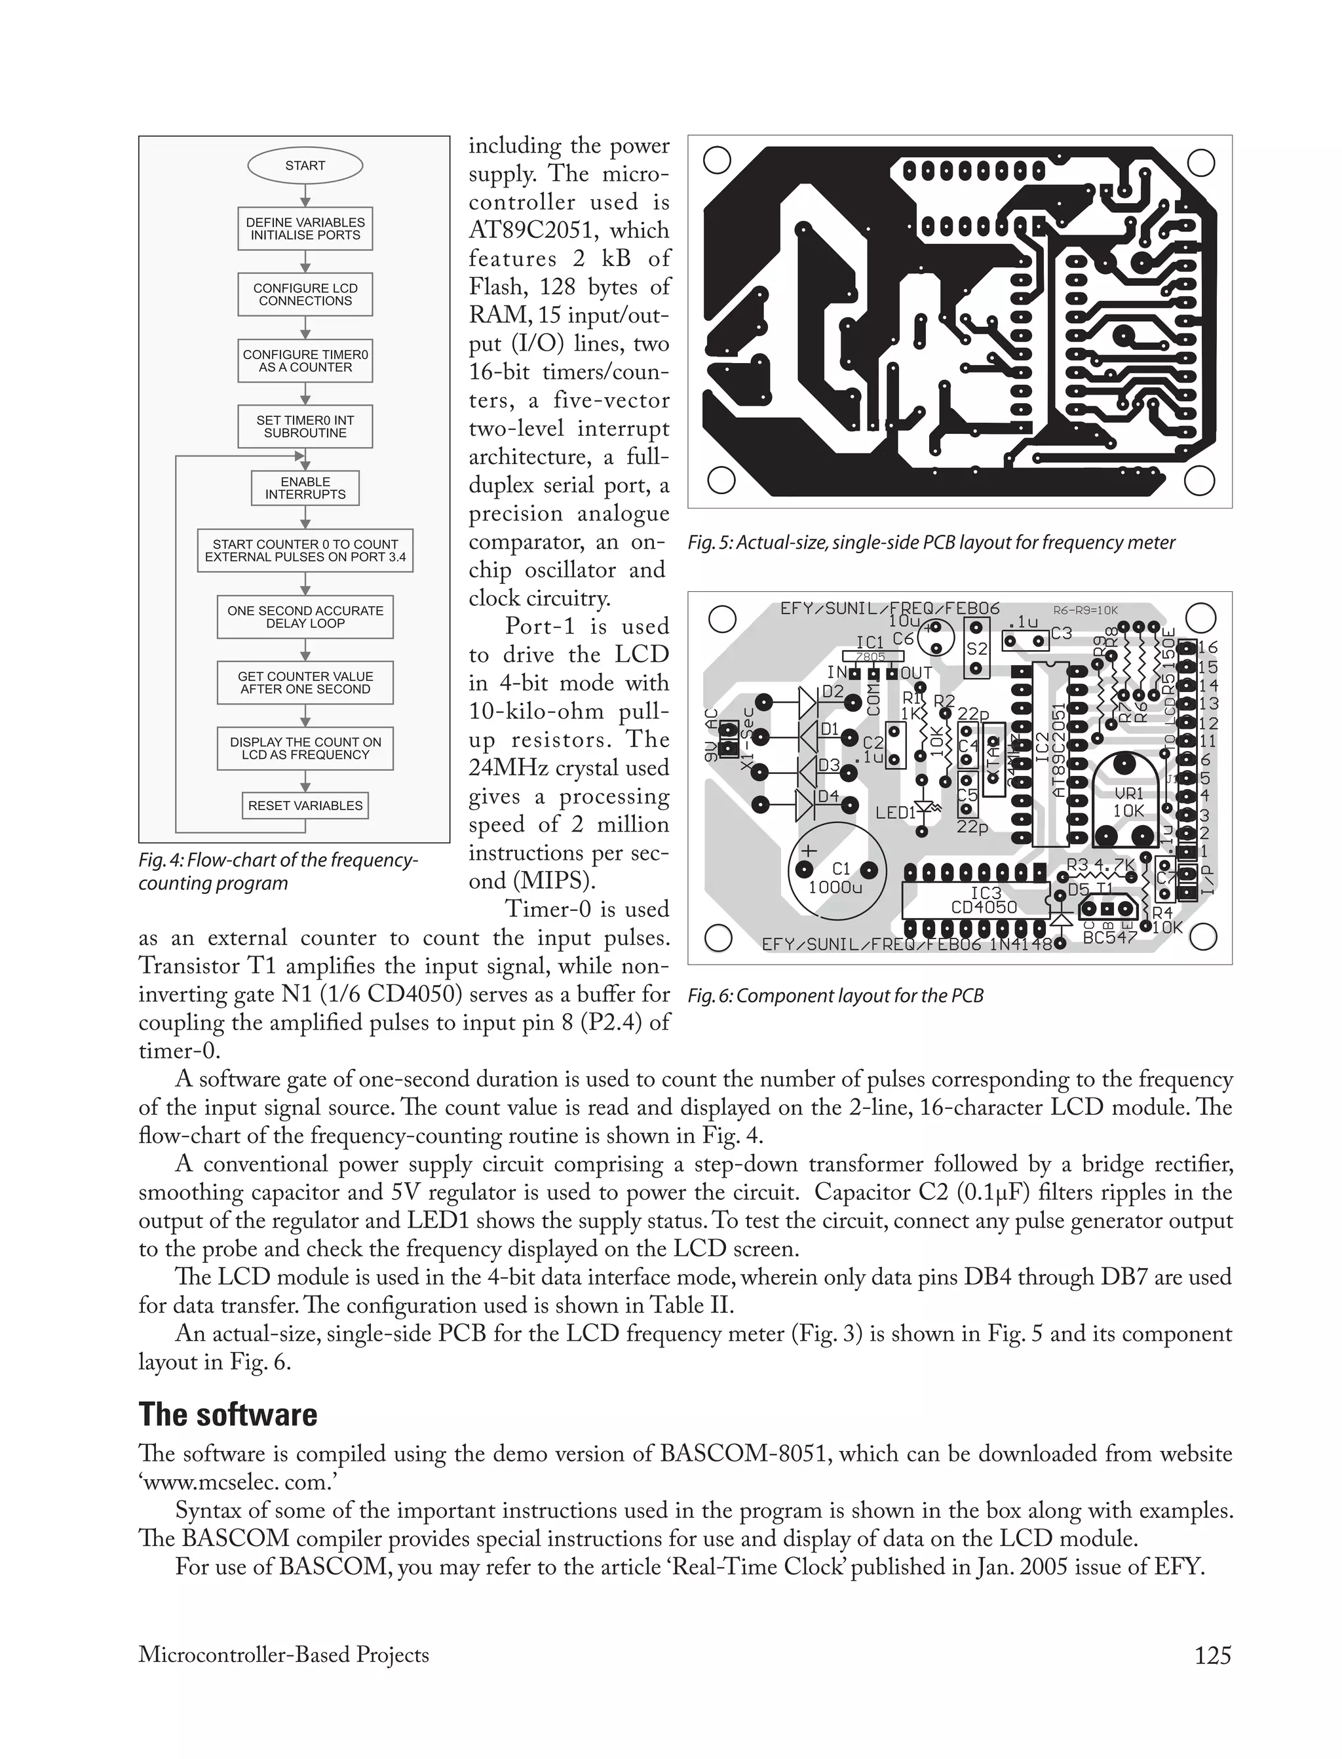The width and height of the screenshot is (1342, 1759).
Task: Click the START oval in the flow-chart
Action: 305,165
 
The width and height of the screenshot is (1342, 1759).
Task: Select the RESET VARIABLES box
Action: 305,805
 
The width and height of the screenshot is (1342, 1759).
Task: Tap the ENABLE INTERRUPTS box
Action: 305,488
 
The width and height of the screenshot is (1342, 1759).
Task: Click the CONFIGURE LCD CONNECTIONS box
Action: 305,295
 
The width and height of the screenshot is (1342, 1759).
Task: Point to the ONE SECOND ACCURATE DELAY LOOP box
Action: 305,617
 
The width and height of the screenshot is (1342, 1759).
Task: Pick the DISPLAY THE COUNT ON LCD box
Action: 305,748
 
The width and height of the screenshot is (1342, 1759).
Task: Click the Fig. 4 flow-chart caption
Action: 277,872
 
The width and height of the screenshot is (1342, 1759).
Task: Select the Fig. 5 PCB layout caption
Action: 931,543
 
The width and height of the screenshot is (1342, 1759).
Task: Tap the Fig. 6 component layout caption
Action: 835,995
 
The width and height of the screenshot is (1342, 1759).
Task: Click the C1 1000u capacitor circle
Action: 837,876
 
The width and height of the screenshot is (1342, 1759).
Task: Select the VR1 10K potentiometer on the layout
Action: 1128,802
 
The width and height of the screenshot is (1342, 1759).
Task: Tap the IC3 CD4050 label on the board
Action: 984,899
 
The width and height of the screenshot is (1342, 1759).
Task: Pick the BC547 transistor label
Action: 1109,937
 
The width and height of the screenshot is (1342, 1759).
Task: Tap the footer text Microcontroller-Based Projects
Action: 284,1654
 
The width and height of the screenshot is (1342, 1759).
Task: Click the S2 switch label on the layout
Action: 977,649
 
